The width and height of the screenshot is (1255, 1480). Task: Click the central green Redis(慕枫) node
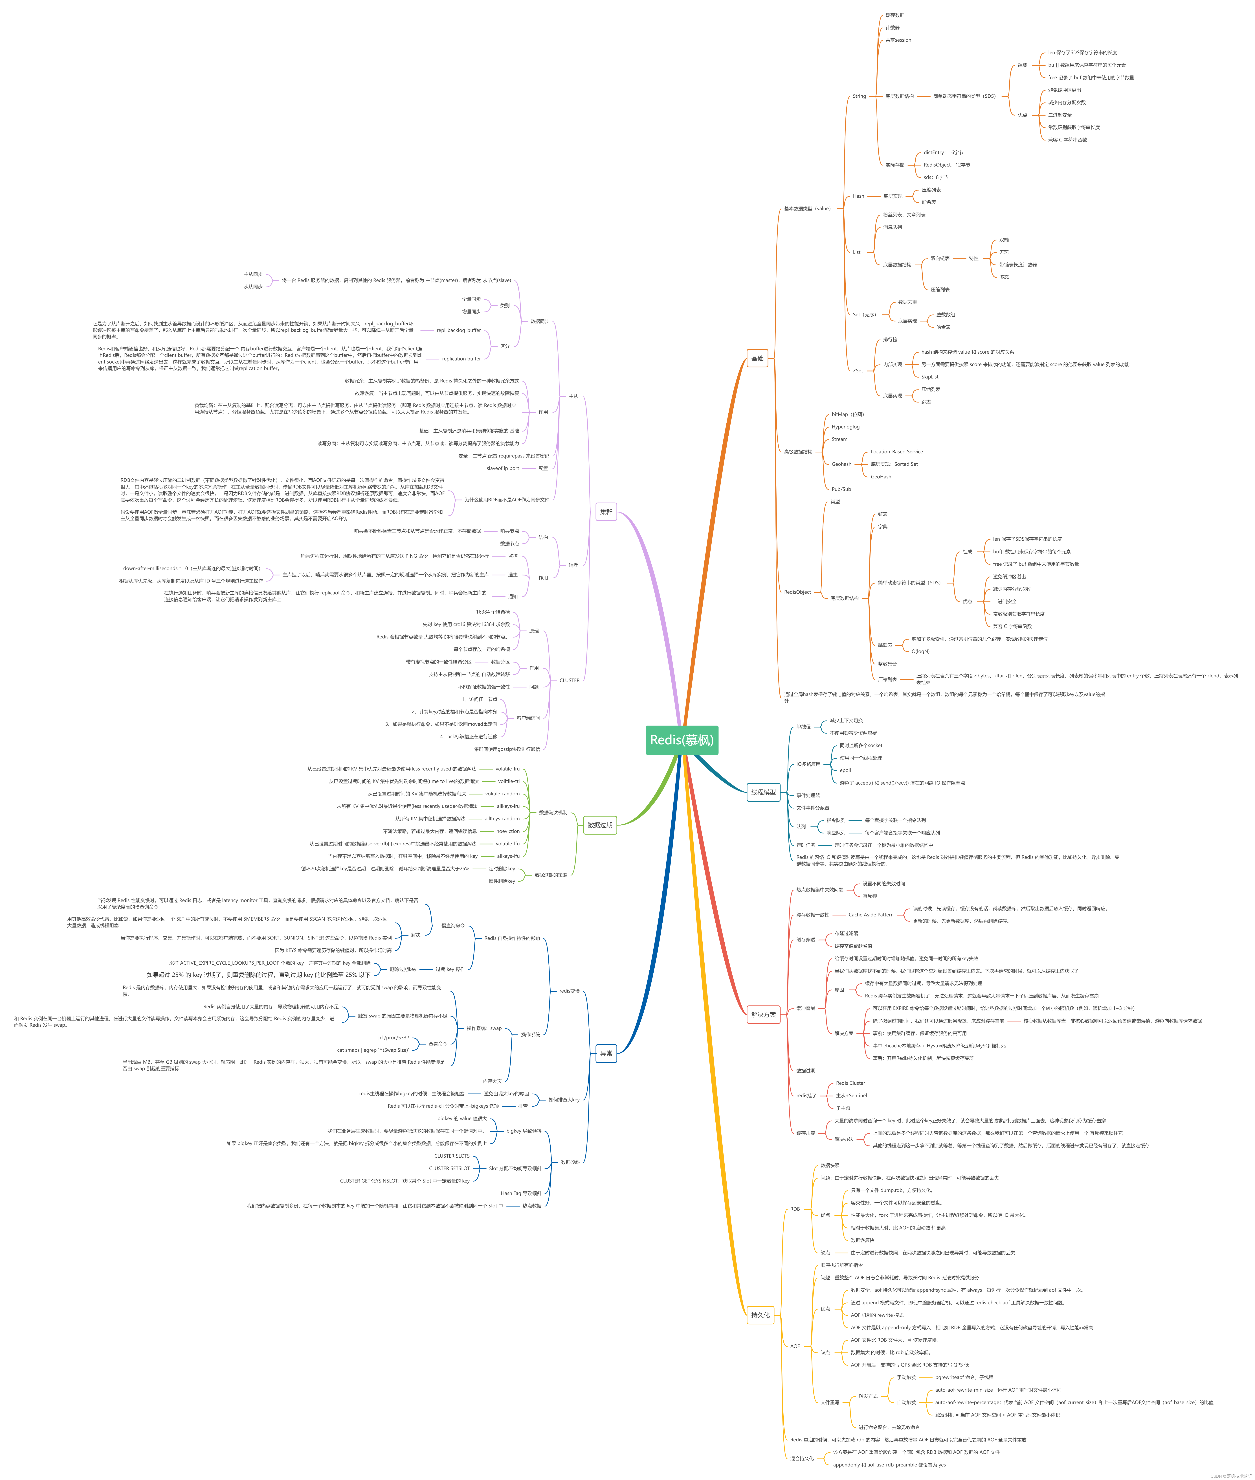coord(682,740)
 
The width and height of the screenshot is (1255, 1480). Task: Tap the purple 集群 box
coord(606,512)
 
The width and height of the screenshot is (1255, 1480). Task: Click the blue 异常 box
coord(606,1054)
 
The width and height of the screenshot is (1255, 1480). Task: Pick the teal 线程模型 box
coord(763,792)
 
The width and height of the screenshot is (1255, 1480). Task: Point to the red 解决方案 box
coord(763,1015)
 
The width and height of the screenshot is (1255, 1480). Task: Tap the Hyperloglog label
coord(845,427)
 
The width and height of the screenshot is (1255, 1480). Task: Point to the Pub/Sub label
coord(841,489)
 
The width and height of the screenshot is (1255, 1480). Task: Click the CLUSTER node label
coord(569,680)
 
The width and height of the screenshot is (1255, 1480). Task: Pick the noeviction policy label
coord(508,831)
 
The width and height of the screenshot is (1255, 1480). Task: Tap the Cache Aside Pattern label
coord(871,915)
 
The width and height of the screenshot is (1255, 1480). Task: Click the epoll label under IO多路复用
coord(845,770)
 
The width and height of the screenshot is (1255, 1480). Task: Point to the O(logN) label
coord(921,651)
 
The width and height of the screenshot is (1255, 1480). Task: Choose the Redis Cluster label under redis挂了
coord(850,1083)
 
